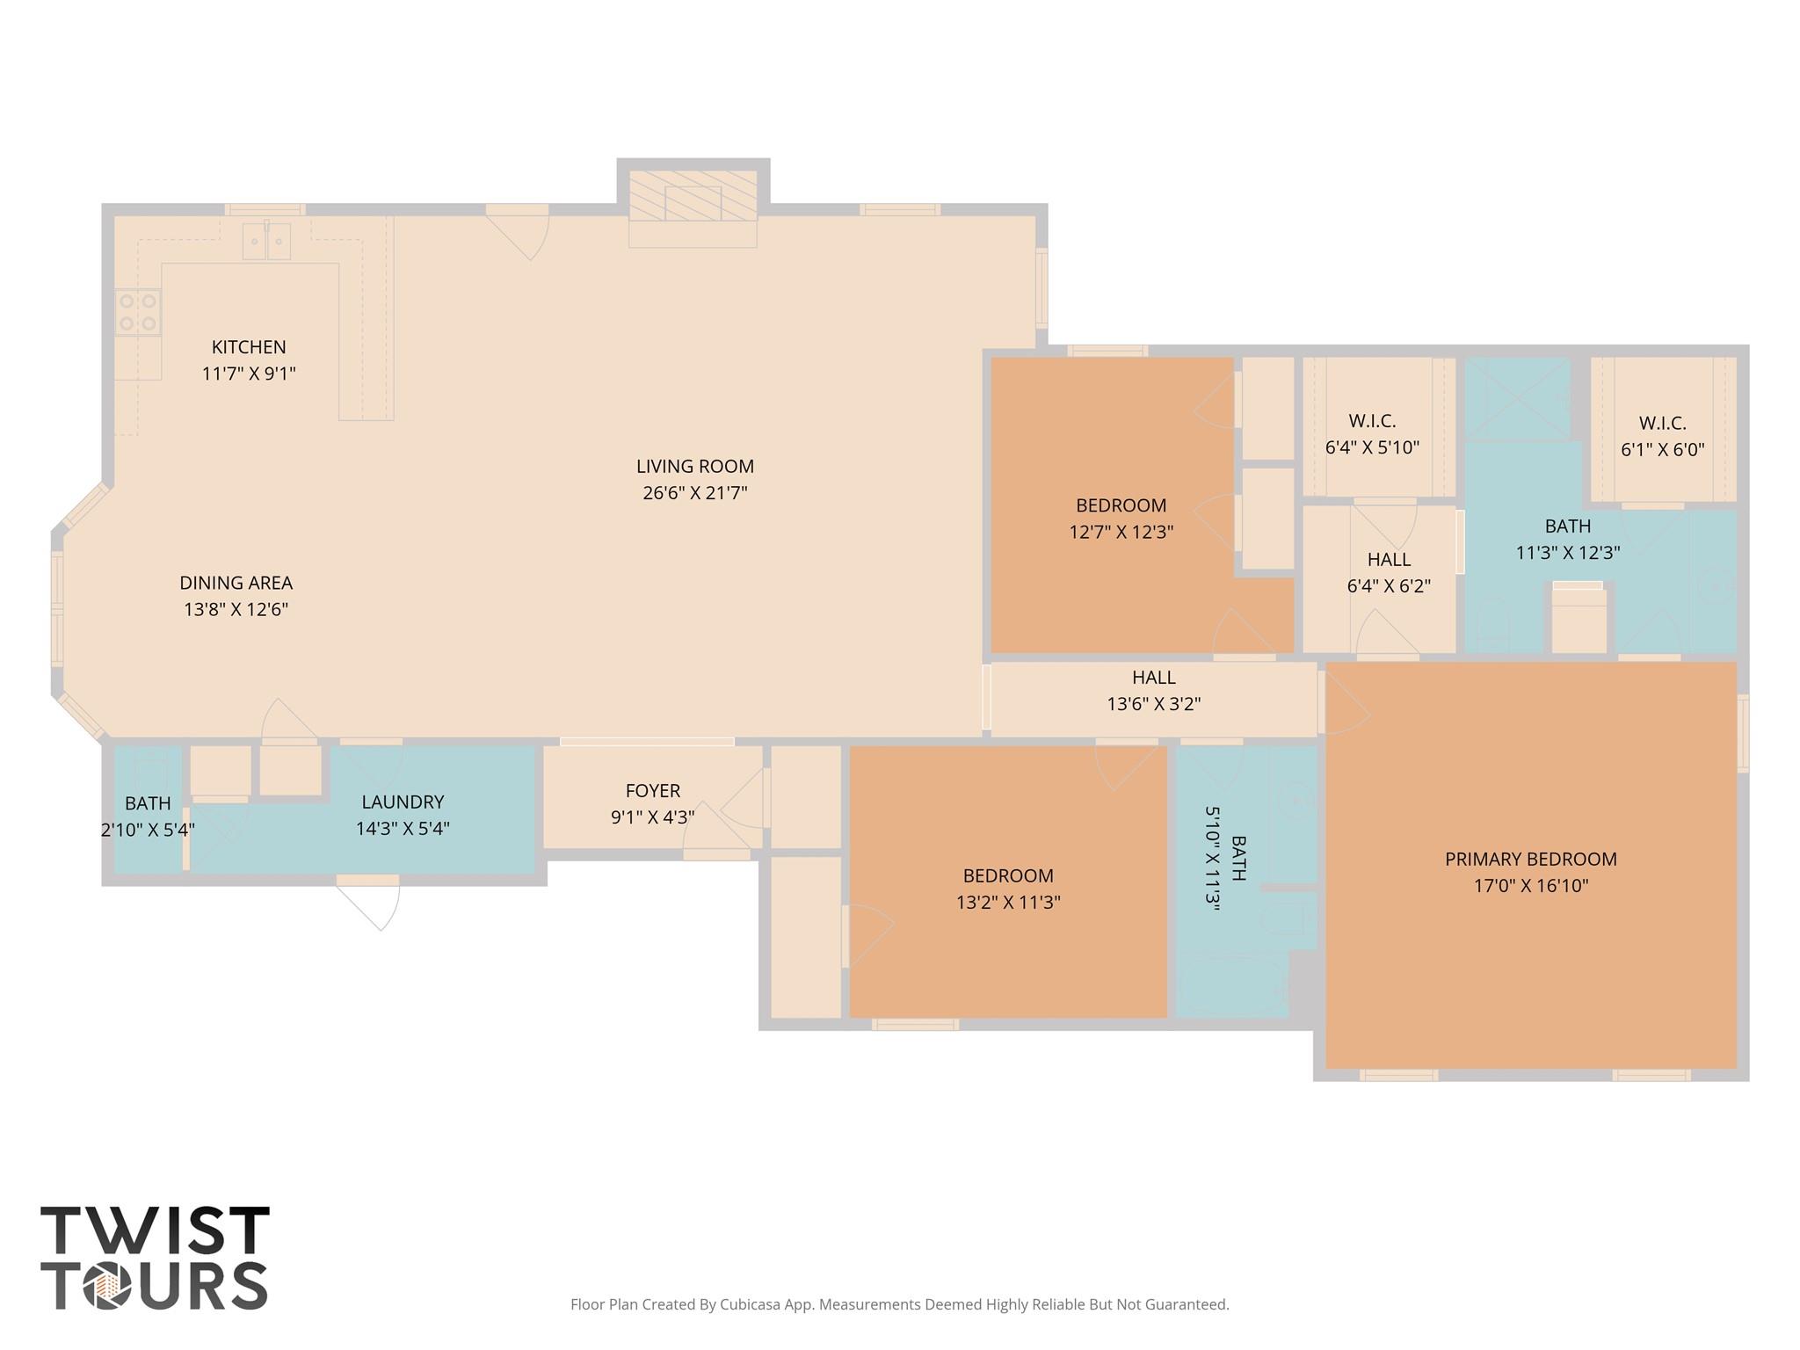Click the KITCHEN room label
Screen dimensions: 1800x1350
pos(249,347)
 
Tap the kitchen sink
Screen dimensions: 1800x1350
pos(266,240)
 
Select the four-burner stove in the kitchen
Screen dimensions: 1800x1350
pos(138,312)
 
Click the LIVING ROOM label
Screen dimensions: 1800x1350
pos(695,467)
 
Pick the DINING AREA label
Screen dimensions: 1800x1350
pos(236,583)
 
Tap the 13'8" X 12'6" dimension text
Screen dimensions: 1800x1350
pos(236,609)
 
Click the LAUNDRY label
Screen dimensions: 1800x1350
pos(403,802)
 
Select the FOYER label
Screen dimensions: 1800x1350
pos(653,790)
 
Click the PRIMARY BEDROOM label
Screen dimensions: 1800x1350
pos(1531,859)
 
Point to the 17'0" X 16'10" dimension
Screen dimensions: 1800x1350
pos(1531,885)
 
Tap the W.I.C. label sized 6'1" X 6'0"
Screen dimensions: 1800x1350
pos(1663,423)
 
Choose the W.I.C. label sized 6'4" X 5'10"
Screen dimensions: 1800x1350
pos(1372,420)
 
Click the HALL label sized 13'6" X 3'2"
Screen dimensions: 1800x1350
pos(1154,678)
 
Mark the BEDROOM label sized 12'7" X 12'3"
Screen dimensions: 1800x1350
pos(1121,505)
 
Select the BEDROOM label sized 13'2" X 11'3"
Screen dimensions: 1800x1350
pos(1008,875)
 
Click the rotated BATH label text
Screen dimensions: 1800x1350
pos(1238,858)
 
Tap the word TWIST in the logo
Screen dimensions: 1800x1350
pos(155,1230)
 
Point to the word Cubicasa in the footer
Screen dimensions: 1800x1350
pos(758,1304)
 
